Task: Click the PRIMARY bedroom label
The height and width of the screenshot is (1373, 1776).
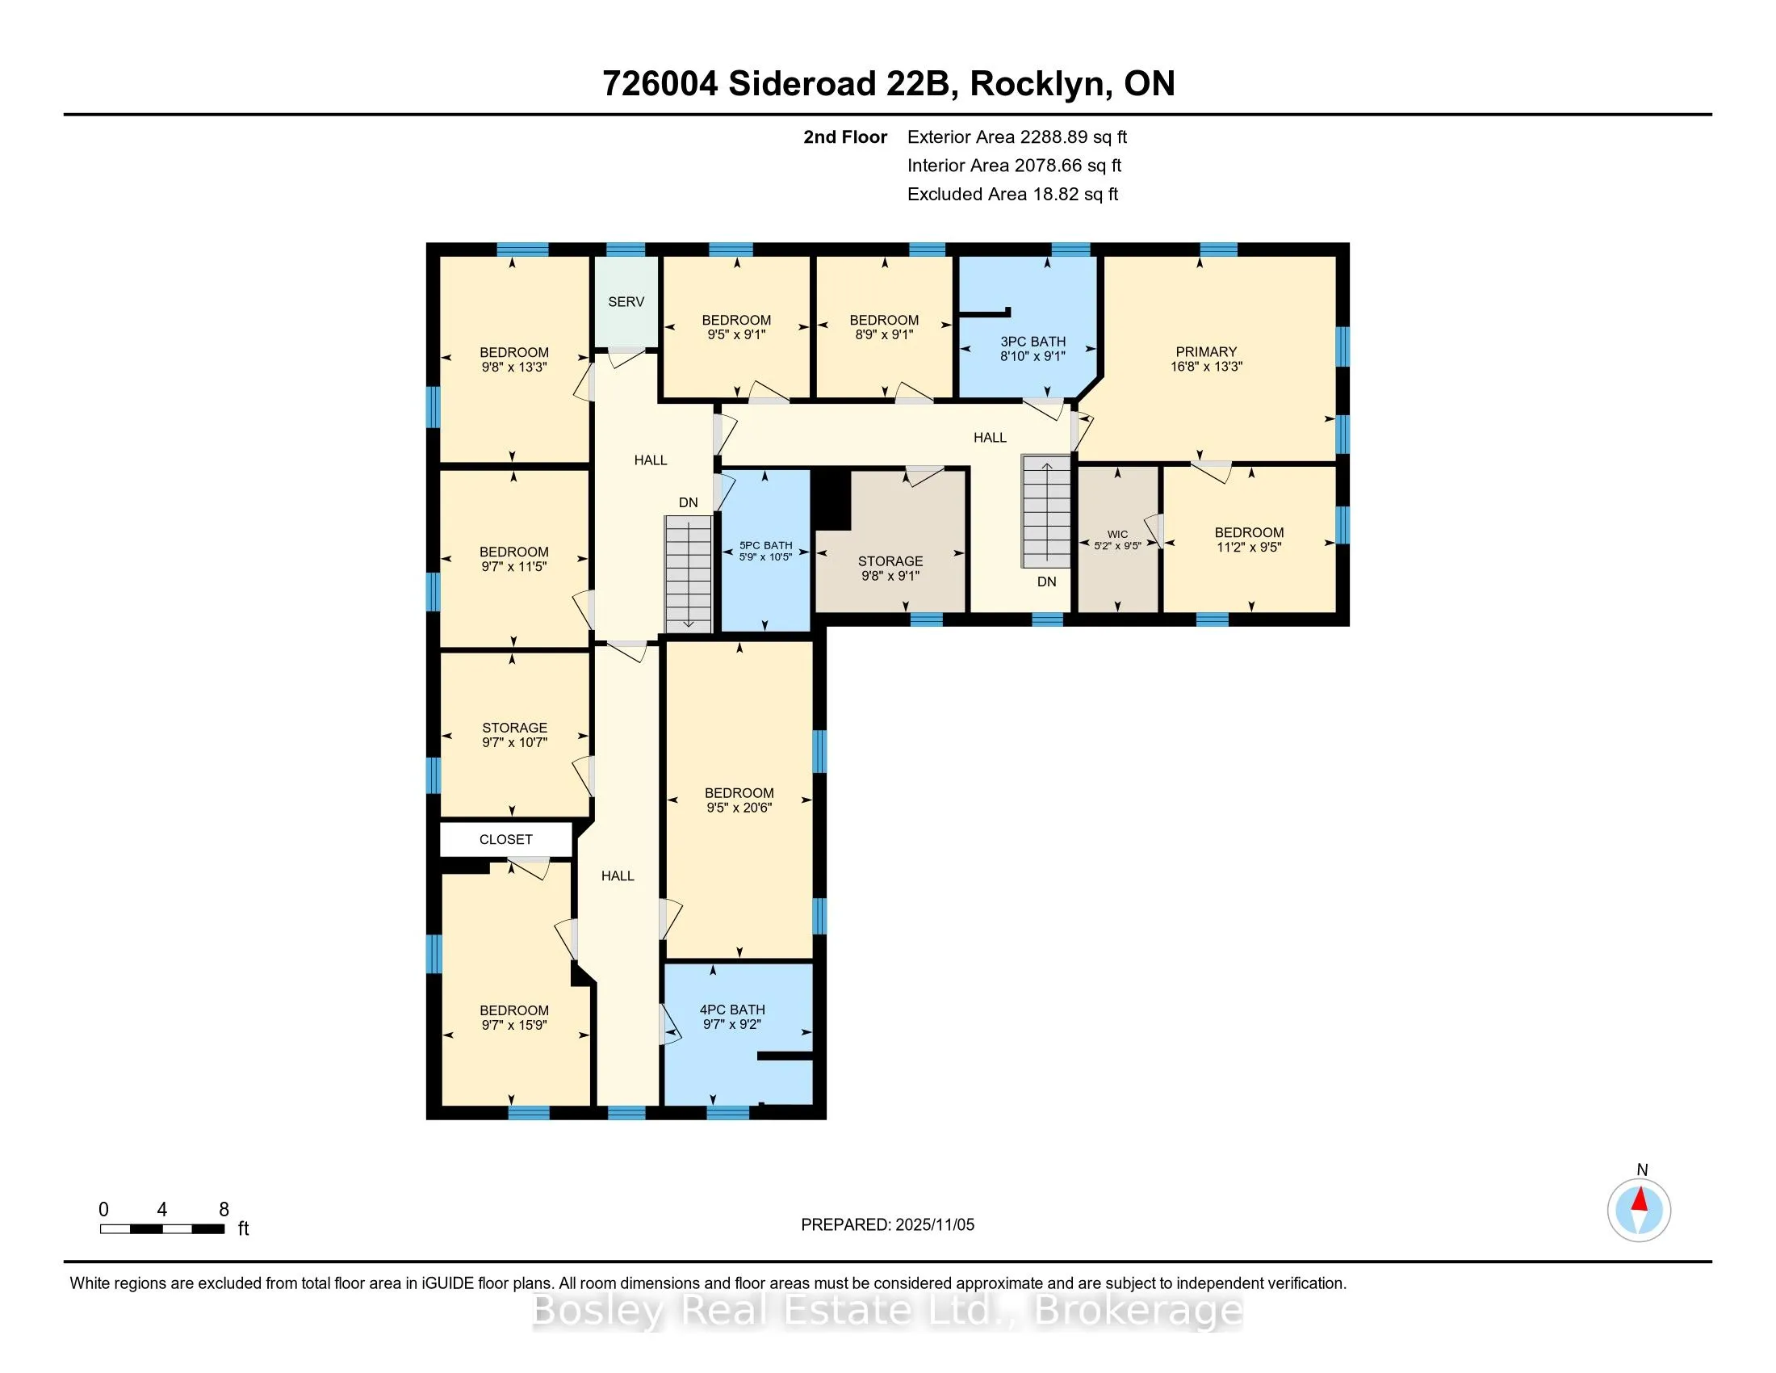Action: pos(1206,351)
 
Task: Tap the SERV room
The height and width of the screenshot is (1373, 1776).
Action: pos(626,302)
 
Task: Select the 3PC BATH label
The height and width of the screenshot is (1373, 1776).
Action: pos(1033,342)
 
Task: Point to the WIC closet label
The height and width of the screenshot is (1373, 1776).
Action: pos(1117,535)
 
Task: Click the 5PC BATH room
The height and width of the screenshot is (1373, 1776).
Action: pos(766,551)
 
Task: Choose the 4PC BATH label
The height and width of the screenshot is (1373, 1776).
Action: pos(732,1010)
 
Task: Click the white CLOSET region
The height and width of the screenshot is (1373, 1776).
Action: pos(506,839)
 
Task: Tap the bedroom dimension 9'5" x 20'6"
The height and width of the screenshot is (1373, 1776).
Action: pos(739,808)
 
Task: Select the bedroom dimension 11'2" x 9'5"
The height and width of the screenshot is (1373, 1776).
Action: pos(1249,548)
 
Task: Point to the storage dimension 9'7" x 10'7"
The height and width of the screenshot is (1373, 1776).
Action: pos(514,741)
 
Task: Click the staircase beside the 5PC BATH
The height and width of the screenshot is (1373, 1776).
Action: pos(689,575)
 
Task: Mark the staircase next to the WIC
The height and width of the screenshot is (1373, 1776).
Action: pos(1046,511)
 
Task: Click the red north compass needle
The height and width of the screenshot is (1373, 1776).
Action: pos(1640,1199)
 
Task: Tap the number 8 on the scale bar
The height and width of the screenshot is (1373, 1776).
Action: pos(224,1210)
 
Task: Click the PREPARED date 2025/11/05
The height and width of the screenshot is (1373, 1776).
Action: pos(934,1225)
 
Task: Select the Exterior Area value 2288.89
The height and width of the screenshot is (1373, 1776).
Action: pos(1050,137)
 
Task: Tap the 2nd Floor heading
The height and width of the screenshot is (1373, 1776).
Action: pos(845,137)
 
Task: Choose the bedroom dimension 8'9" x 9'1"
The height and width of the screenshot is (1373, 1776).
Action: pos(884,334)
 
